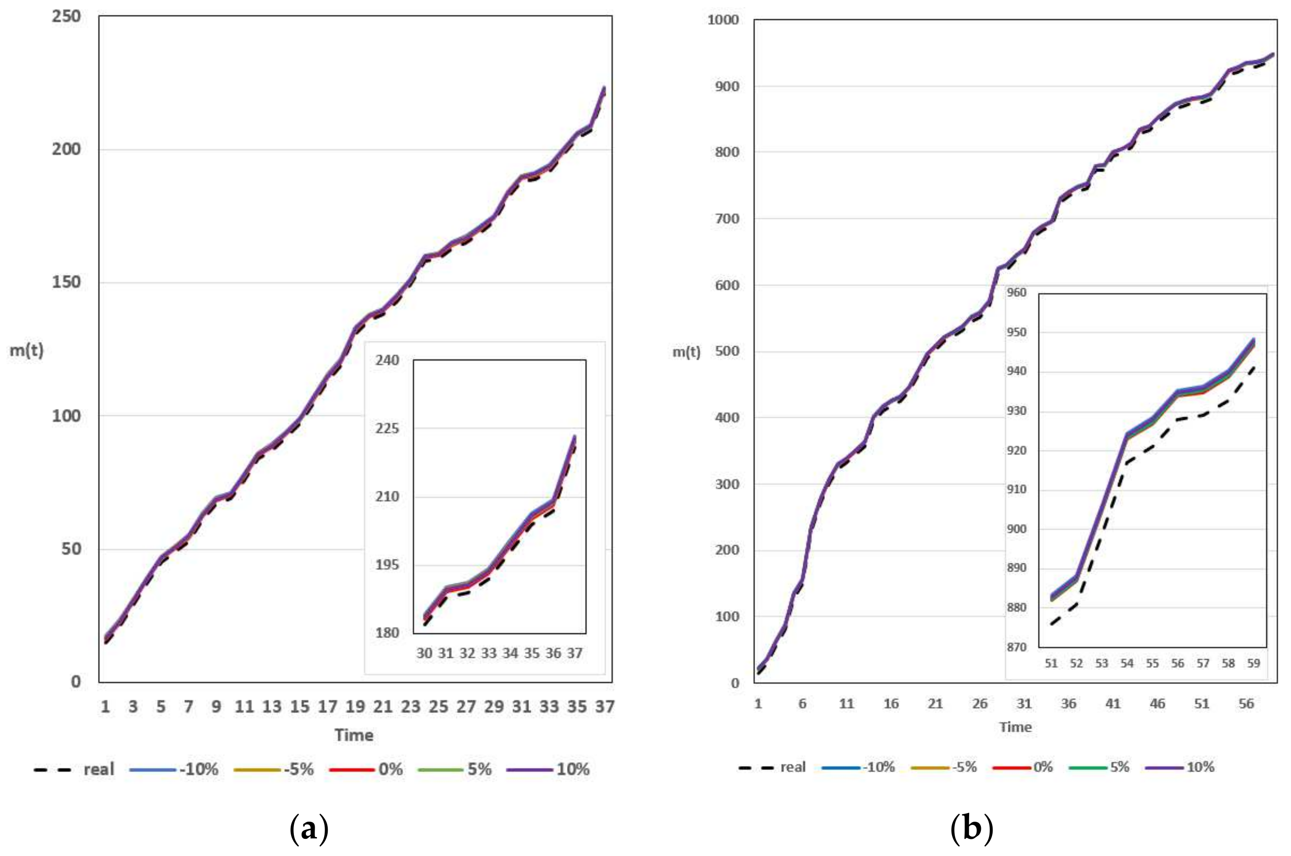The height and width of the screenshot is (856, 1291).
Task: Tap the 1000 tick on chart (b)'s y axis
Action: (x=723, y=20)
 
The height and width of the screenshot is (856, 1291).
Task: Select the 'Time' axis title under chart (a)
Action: (x=354, y=735)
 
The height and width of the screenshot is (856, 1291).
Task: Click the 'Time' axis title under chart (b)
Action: (x=1015, y=727)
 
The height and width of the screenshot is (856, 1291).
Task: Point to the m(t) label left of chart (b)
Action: (x=686, y=352)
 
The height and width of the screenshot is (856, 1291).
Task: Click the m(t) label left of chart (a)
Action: (x=26, y=350)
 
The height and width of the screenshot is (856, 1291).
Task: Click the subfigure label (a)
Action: (x=309, y=829)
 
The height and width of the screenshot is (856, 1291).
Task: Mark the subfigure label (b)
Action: (x=971, y=829)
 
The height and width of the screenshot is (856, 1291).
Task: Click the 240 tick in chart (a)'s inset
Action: (x=387, y=360)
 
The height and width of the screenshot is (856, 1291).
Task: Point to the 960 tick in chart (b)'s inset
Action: (x=1017, y=293)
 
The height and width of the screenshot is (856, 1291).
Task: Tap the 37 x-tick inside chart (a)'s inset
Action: (x=575, y=653)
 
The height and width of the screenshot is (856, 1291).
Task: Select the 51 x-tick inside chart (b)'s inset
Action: (x=1051, y=663)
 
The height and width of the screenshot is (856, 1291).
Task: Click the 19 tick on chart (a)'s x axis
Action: (x=355, y=707)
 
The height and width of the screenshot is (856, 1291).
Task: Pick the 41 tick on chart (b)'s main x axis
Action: (x=1113, y=704)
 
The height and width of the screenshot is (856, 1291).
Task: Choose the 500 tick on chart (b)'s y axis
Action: (x=727, y=351)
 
